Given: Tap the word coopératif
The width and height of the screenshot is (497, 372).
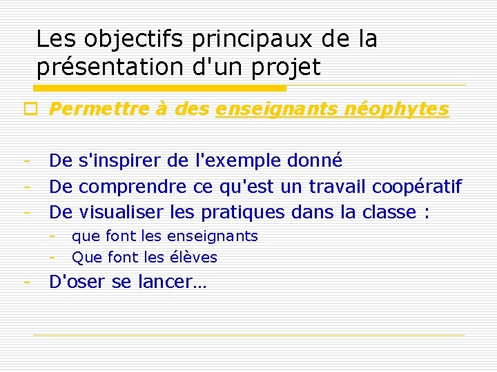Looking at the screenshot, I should [417, 186].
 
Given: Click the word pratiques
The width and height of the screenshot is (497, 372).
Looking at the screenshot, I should [240, 211].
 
